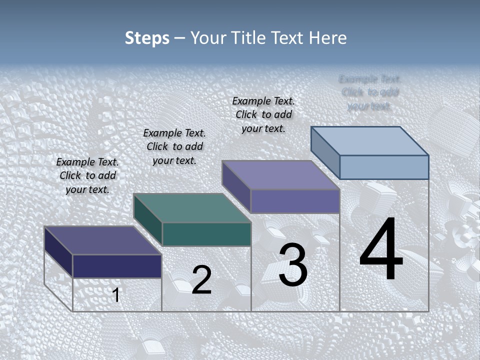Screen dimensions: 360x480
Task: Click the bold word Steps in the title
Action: (147, 38)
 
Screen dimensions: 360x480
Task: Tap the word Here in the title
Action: (327, 38)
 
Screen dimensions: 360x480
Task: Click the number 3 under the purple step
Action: (293, 264)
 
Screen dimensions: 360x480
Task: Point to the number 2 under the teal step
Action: (201, 279)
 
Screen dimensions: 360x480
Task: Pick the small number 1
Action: (116, 295)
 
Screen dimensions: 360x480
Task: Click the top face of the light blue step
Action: (370, 140)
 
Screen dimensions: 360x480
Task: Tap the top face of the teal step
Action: (192, 207)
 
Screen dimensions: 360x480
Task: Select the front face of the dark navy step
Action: (117, 266)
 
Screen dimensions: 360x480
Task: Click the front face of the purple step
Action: (295, 201)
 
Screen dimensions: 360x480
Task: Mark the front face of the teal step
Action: (206, 234)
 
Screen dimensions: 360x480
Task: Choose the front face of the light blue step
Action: (384, 167)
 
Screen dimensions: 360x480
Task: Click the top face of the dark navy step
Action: (102, 240)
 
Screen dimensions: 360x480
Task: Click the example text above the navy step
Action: (87, 175)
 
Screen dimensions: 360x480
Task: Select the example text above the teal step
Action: (174, 146)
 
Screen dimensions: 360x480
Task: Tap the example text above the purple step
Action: (263, 114)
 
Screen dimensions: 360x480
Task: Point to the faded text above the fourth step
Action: (369, 92)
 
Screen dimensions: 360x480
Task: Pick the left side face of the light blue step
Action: (325, 152)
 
